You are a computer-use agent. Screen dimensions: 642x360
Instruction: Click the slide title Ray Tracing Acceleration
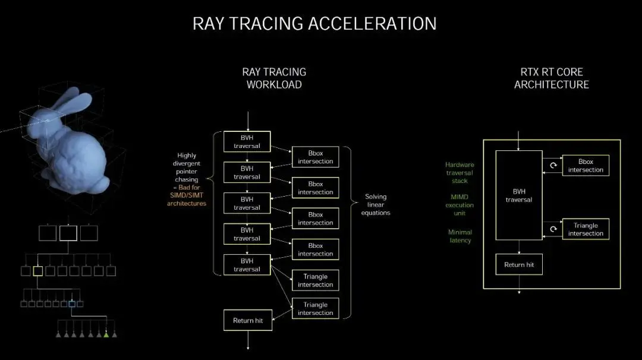[x=314, y=23]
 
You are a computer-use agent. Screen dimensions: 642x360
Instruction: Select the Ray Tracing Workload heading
[x=274, y=78]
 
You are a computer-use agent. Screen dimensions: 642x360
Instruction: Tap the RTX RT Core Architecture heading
[x=552, y=78]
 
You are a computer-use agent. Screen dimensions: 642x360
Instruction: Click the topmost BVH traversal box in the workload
[x=247, y=141]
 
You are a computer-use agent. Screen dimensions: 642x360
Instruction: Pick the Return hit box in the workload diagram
[x=248, y=320]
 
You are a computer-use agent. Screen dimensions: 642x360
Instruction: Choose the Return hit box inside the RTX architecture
[x=519, y=265]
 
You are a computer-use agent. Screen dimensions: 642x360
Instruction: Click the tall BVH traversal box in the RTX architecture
[x=519, y=195]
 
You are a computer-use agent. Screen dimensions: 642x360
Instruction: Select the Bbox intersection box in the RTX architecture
[x=586, y=165]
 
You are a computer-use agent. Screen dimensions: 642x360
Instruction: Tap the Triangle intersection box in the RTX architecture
[x=586, y=229]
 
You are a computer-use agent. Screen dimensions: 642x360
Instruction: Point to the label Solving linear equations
[x=376, y=204]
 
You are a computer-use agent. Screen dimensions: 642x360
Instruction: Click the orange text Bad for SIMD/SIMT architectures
[x=187, y=195]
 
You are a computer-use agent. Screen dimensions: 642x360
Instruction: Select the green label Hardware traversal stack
[x=460, y=173]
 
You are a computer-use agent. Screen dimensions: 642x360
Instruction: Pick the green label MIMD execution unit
[x=460, y=205]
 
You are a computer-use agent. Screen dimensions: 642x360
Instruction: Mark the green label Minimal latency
[x=460, y=236]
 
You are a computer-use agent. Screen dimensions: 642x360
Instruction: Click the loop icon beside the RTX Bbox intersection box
[x=553, y=165]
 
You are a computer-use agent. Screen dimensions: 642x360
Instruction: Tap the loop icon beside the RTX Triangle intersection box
[x=553, y=229]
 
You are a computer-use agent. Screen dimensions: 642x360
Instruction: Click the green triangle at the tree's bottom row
[x=106, y=335]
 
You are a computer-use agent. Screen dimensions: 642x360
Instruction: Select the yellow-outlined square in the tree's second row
[x=37, y=271]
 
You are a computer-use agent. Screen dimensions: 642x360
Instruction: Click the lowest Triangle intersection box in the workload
[x=315, y=308]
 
